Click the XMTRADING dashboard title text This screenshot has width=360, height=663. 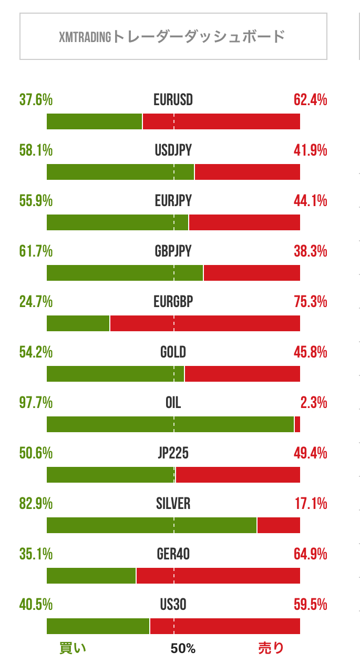(x=172, y=37)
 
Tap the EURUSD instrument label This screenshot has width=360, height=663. (x=173, y=100)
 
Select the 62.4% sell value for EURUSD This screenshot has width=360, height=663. (x=311, y=100)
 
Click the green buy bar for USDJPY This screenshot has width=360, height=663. (x=120, y=171)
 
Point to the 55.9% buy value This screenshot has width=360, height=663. (x=36, y=201)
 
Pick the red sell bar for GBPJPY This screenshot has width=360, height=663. (x=252, y=272)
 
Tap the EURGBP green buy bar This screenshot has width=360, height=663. (x=78, y=323)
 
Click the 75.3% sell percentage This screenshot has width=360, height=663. (x=311, y=302)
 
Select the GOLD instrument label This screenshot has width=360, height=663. (x=173, y=352)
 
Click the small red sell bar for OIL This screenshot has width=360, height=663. (x=297, y=424)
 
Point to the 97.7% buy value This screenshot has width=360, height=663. (x=36, y=403)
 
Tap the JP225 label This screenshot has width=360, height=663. (x=173, y=453)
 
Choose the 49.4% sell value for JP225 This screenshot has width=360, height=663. (x=311, y=453)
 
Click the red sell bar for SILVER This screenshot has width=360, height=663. (x=279, y=525)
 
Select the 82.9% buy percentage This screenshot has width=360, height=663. (x=36, y=504)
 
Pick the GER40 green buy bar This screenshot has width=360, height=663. (x=91, y=575)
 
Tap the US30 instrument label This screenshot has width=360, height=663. (x=173, y=605)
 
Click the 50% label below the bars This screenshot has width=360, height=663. (x=183, y=649)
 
